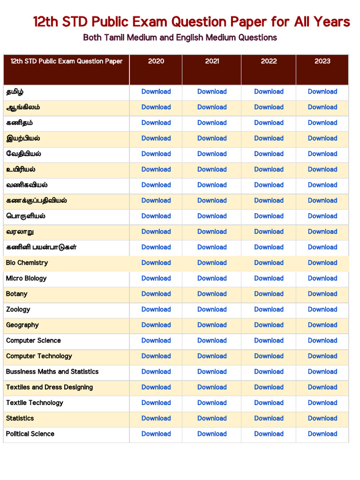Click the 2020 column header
(156, 61)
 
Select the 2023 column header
(322, 61)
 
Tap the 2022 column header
(269, 61)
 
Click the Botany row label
(17, 294)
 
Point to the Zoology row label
(18, 309)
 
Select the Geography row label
(22, 325)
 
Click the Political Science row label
(30, 434)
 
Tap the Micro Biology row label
(26, 278)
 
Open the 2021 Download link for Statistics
(212, 418)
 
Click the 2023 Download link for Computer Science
(322, 340)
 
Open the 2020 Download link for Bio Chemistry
(156, 263)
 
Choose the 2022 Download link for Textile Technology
(269, 403)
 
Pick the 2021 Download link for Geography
(212, 325)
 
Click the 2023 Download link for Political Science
(322, 434)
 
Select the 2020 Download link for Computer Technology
(156, 356)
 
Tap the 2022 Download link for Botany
(269, 294)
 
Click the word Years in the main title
(332, 22)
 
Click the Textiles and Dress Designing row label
(49, 387)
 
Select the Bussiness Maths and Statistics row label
(52, 372)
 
